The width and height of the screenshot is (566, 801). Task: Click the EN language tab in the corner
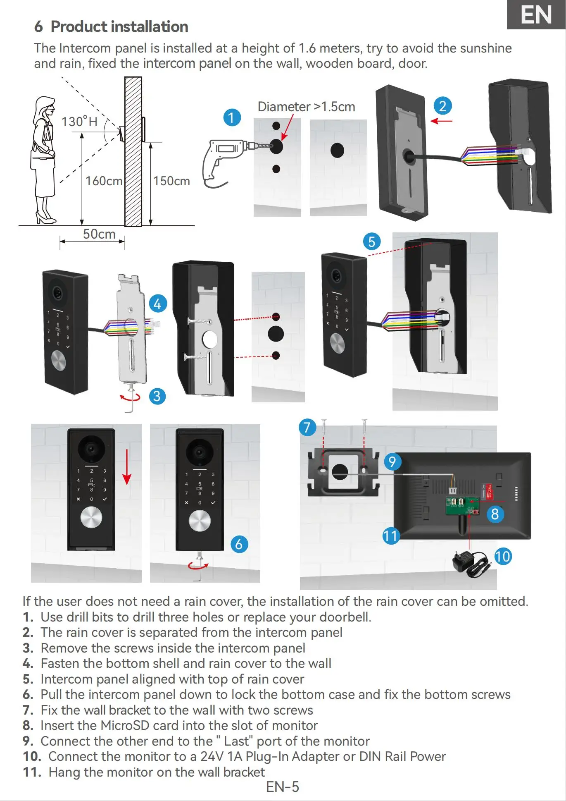(x=536, y=15)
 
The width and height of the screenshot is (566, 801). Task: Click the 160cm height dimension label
(x=104, y=181)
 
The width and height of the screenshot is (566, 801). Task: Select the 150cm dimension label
(x=171, y=181)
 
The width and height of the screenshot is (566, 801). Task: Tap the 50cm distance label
(x=99, y=234)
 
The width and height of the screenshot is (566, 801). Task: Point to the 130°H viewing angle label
(x=79, y=122)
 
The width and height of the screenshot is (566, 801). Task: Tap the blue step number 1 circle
(x=232, y=117)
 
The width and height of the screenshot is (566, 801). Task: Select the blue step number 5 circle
(x=371, y=241)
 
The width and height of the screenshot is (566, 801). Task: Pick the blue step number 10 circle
(x=503, y=557)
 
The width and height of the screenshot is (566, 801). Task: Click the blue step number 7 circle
(x=307, y=427)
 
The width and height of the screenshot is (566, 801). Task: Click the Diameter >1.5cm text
(x=306, y=107)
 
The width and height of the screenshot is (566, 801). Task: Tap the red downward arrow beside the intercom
(x=127, y=467)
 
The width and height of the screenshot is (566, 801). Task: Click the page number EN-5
(x=283, y=787)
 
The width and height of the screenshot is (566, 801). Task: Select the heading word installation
(x=149, y=27)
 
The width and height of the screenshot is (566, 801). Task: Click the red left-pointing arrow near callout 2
(x=441, y=121)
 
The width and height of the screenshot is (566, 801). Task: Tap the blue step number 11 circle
(x=390, y=536)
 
